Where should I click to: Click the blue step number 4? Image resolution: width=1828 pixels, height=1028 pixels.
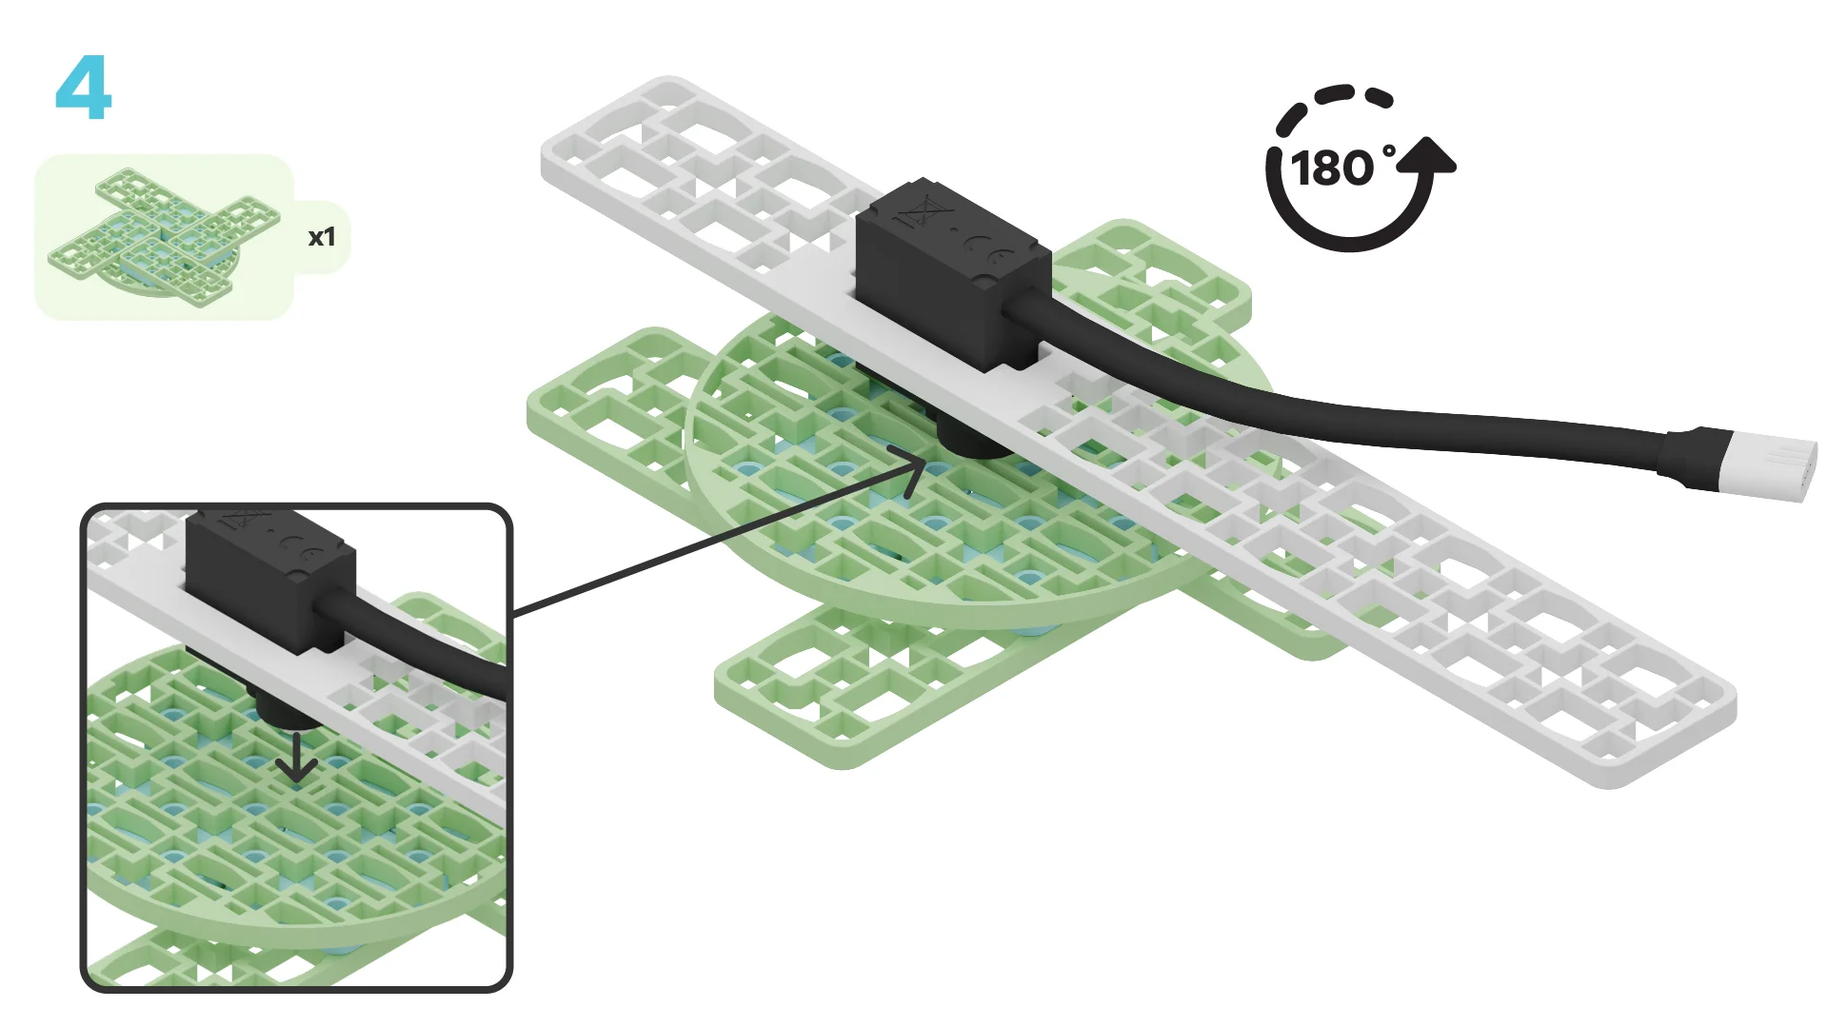[84, 88]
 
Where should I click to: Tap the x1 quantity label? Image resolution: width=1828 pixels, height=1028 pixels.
[322, 237]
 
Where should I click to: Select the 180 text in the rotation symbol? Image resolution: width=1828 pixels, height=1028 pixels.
[1333, 168]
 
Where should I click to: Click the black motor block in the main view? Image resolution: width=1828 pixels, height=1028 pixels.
[952, 271]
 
